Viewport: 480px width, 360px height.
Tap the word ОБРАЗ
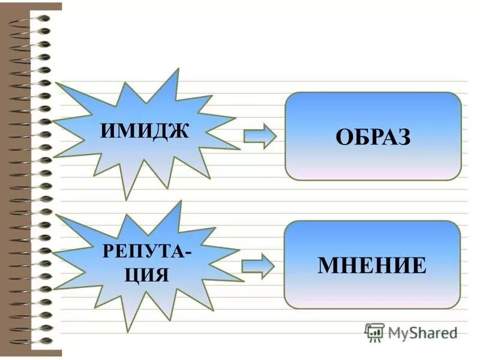[x=373, y=137]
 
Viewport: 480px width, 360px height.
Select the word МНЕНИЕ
[x=372, y=265]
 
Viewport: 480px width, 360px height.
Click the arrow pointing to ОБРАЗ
[x=260, y=136]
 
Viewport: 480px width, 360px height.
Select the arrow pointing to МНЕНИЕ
[x=257, y=265]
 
